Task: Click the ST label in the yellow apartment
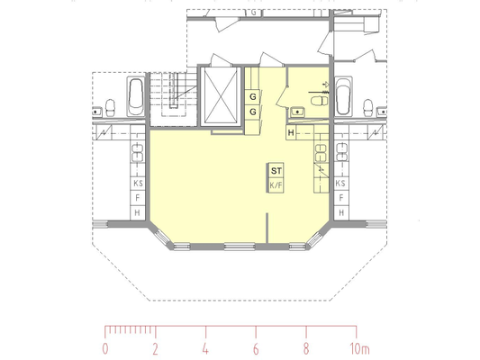(x=276, y=171)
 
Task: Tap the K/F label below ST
(x=276, y=185)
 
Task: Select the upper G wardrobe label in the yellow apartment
(x=253, y=97)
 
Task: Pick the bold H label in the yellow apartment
(x=291, y=132)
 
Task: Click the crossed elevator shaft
(x=221, y=95)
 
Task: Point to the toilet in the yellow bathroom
(x=319, y=101)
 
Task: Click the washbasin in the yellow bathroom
(x=297, y=112)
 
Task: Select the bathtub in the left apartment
(x=136, y=96)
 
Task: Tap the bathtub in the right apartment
(x=343, y=96)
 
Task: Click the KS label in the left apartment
(x=138, y=184)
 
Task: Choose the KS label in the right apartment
(x=340, y=184)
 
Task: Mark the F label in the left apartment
(x=138, y=198)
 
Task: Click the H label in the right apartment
(x=341, y=212)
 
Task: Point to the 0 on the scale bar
(x=105, y=349)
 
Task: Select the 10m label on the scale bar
(x=359, y=349)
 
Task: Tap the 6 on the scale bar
(x=256, y=349)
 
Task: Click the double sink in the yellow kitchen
(x=321, y=153)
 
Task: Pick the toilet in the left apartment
(x=110, y=108)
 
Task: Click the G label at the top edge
(x=253, y=13)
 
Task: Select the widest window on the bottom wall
(x=240, y=247)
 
